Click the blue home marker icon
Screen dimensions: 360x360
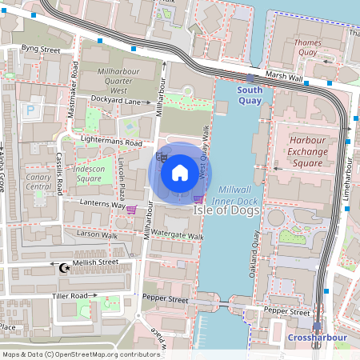tap(180, 171)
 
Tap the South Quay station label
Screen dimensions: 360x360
tap(250, 95)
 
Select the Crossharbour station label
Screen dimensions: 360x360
tap(318, 338)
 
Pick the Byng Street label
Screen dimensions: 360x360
tap(41, 50)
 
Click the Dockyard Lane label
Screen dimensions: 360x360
tap(115, 101)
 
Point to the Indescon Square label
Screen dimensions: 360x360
tap(93, 174)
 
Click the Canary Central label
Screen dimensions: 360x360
tap(38, 182)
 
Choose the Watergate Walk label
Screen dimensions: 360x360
tap(177, 237)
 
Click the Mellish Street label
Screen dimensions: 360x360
tap(94, 262)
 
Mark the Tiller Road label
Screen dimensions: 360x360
tap(68, 296)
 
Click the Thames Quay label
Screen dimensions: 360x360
tap(307, 47)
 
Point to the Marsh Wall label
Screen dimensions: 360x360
tap(285, 78)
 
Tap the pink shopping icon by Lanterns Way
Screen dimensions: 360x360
tap(131, 210)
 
